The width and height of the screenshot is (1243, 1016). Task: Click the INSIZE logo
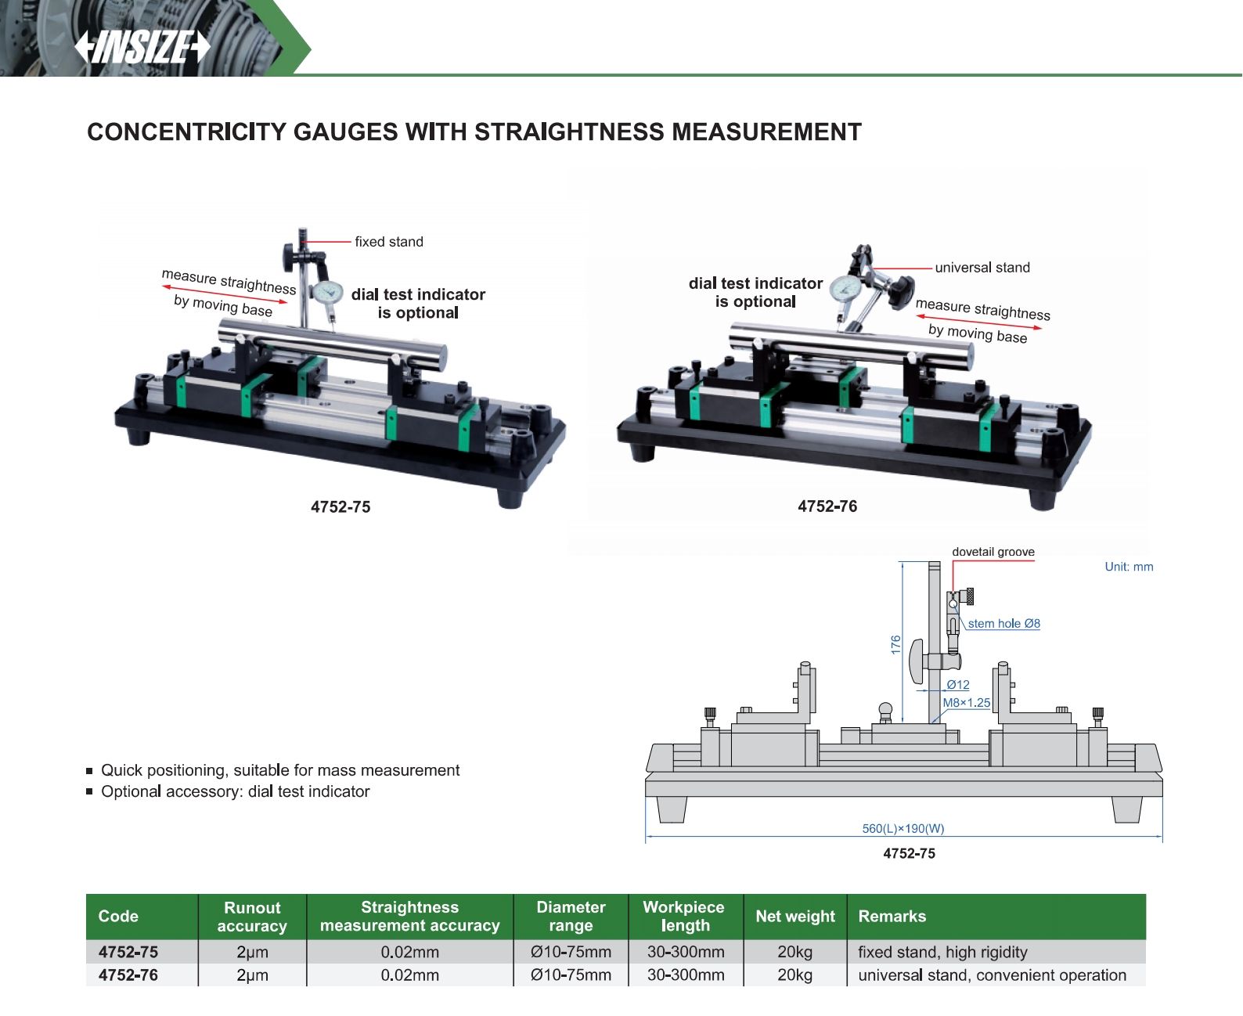pyautogui.click(x=142, y=47)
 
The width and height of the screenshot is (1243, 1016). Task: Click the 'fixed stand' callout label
pyautogui.click(x=388, y=242)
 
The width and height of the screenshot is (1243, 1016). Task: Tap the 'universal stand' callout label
pyautogui.click(x=982, y=268)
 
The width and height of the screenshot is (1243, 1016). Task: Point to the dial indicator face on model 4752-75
pyautogui.click(x=328, y=293)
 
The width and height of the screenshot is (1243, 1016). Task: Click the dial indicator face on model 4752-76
pyautogui.click(x=845, y=287)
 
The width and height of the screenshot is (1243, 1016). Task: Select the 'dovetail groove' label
pyautogui.click(x=993, y=552)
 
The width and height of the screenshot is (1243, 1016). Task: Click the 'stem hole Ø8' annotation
pyautogui.click(x=1003, y=624)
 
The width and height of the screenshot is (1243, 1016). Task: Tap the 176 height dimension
pyautogui.click(x=896, y=645)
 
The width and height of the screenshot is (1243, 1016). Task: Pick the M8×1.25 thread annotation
pyautogui.click(x=966, y=703)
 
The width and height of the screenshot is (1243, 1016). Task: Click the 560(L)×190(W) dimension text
pyautogui.click(x=903, y=828)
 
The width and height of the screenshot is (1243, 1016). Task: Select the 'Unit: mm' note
pyautogui.click(x=1128, y=567)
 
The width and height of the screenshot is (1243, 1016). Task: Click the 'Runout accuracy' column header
pyautogui.click(x=252, y=917)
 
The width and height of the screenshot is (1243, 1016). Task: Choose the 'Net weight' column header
pyautogui.click(x=794, y=917)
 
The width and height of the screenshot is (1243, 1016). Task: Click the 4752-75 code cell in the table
pyautogui.click(x=128, y=953)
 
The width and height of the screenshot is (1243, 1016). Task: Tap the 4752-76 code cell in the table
pyautogui.click(x=128, y=975)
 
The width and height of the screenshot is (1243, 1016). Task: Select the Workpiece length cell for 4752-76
pyautogui.click(x=685, y=975)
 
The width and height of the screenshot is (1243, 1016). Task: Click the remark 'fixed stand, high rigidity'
pyautogui.click(x=942, y=953)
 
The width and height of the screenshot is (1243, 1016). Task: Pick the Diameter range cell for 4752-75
pyautogui.click(x=571, y=953)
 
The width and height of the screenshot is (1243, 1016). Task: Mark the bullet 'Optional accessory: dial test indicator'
pyautogui.click(x=235, y=791)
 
